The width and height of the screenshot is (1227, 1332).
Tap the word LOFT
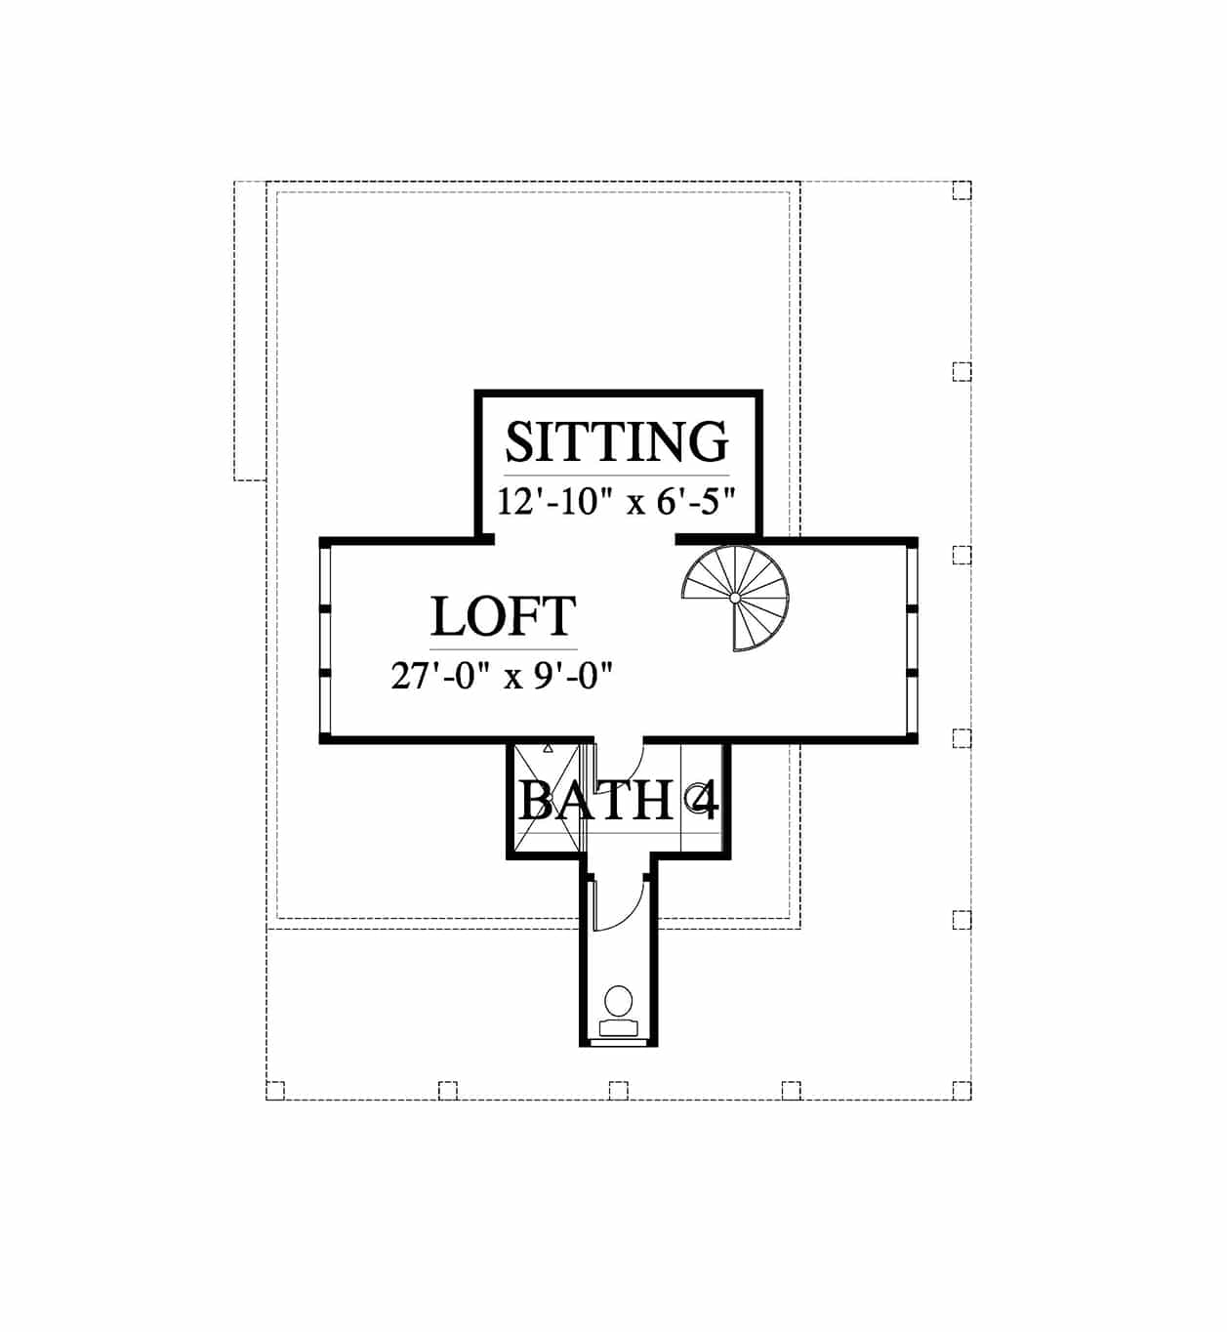tap(504, 616)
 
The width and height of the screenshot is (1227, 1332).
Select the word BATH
tap(595, 801)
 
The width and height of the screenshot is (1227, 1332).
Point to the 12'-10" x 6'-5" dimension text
tap(617, 502)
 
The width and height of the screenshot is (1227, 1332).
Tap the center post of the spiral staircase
tap(735, 598)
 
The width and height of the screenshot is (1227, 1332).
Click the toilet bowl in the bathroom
tap(619, 1001)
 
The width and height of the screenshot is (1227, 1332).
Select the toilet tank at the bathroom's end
tap(619, 1028)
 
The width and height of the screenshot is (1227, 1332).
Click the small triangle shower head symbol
tap(548, 748)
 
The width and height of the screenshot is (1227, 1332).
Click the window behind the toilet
tap(619, 1043)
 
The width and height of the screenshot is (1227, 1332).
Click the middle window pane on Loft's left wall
tap(325, 642)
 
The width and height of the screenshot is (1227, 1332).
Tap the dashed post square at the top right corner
tap(962, 190)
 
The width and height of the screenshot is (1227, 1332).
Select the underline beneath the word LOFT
tap(504, 648)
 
